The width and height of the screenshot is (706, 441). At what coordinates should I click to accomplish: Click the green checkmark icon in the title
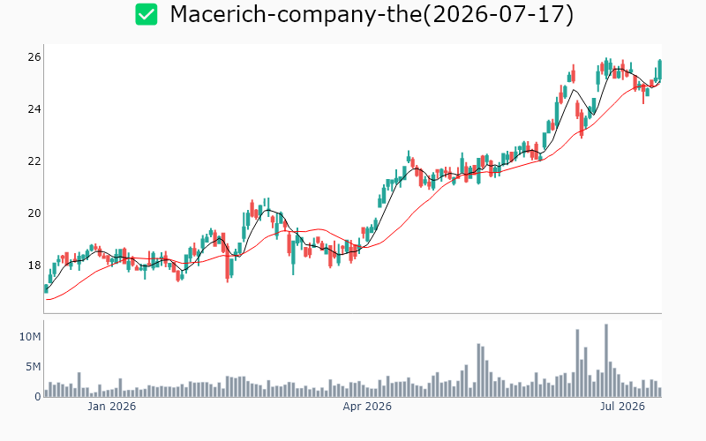pos(146,14)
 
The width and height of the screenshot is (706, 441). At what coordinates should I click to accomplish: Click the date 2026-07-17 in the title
pos(498,14)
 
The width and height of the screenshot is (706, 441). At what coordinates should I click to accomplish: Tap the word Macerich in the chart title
pos(218,14)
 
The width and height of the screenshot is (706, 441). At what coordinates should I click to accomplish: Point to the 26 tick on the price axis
pos(34,57)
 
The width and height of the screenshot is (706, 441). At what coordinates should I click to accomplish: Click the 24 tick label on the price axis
pos(34,109)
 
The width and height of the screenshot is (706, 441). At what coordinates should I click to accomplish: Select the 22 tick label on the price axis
pos(34,161)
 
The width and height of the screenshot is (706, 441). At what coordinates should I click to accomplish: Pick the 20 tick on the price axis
pos(34,213)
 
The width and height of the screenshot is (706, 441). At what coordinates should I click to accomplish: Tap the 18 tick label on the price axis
pos(34,265)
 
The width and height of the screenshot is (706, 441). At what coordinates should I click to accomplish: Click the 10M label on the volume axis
pos(30,337)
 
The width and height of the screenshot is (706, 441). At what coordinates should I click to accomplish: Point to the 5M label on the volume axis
pos(33,367)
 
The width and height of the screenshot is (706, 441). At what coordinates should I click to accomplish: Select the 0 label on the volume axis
pos(38,396)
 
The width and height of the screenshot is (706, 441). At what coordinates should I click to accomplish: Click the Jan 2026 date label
pos(112,407)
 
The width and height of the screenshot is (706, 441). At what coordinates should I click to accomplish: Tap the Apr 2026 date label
pos(367,407)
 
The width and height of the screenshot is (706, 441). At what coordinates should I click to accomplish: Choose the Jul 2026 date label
pos(623,407)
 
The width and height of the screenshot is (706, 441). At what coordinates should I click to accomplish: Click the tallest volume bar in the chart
pos(606,361)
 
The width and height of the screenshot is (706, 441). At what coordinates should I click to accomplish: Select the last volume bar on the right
pos(660,392)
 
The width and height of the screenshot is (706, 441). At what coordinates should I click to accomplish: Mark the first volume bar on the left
pos(46,393)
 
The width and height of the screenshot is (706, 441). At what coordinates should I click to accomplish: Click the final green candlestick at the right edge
pos(660,70)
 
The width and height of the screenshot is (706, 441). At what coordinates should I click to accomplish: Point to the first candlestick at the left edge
pos(46,288)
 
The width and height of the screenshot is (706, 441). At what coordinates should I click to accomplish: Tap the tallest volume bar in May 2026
pos(478,370)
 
